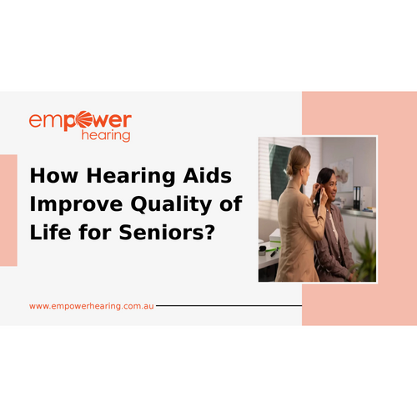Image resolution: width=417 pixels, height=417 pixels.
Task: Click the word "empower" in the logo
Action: point(80,121)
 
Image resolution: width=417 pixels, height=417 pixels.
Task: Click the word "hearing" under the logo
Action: point(106,136)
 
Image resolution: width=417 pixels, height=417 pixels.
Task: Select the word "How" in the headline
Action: point(54,176)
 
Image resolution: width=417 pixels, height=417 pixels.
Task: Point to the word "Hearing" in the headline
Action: point(131,177)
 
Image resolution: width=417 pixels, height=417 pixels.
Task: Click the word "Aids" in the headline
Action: point(208,175)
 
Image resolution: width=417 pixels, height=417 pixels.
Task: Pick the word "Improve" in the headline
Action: point(76,205)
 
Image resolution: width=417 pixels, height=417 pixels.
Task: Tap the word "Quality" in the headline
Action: point(171,205)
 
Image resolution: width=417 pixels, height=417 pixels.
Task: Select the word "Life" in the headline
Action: point(51,232)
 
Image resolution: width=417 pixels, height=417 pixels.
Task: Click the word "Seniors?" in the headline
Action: point(168,232)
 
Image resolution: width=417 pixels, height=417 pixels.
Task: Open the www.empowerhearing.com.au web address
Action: point(92,306)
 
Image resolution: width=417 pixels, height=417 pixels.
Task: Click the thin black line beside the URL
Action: point(229,305)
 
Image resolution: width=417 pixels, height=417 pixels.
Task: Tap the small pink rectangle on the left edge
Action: point(8,210)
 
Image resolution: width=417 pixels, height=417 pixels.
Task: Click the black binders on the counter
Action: point(357,198)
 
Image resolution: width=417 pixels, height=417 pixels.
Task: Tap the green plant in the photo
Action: point(364,256)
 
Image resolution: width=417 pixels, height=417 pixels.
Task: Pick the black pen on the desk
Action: point(274,253)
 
